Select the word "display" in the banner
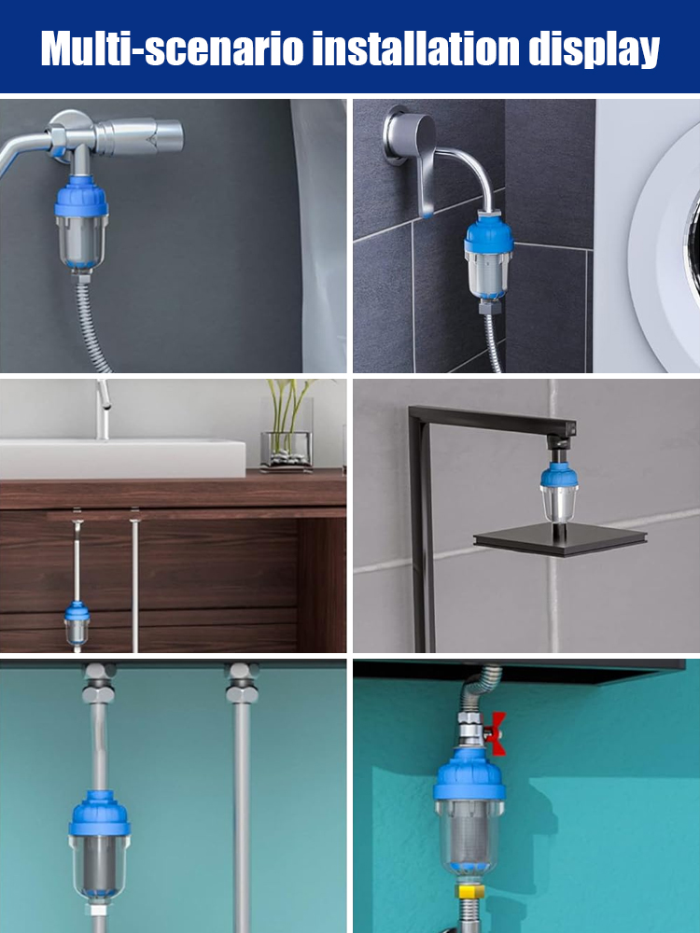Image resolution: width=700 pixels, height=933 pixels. coord(594,50)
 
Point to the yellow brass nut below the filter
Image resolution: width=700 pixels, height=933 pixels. coord(469,891)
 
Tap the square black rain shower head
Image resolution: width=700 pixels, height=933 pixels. coord(560,540)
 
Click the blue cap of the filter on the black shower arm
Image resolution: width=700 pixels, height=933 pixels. coord(559,475)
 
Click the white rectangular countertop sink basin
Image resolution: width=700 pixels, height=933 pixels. coord(122,458)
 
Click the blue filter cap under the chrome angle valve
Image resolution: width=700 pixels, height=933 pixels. coord(81,196)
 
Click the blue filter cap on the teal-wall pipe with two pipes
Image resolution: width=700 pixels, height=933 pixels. coord(100,814)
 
